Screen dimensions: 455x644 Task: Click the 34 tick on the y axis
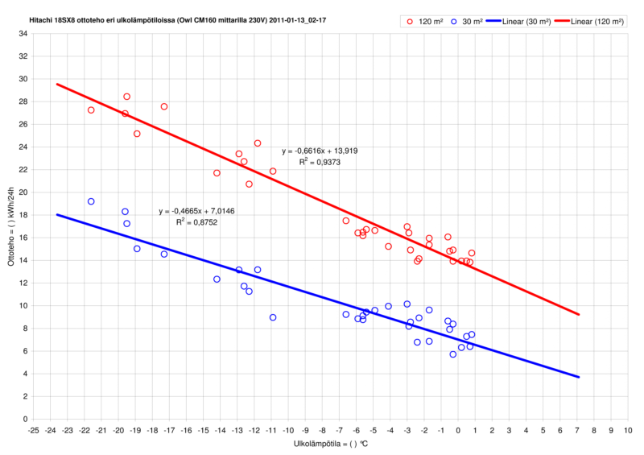[22, 34]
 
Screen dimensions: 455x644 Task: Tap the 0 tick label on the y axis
[24, 419]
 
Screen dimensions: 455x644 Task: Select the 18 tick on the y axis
[22, 215]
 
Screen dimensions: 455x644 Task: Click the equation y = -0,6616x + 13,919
[320, 151]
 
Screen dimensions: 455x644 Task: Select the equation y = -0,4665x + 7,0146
[196, 210]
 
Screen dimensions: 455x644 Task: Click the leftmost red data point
[91, 110]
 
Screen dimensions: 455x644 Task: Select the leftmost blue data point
[91, 201]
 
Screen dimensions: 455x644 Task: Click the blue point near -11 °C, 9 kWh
[273, 317]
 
